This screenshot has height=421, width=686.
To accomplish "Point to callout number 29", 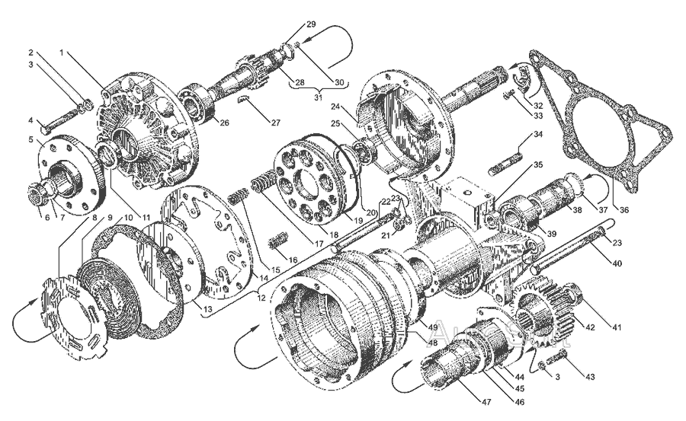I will point(310,25).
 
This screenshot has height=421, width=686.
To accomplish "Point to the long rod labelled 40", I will point(572,247).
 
